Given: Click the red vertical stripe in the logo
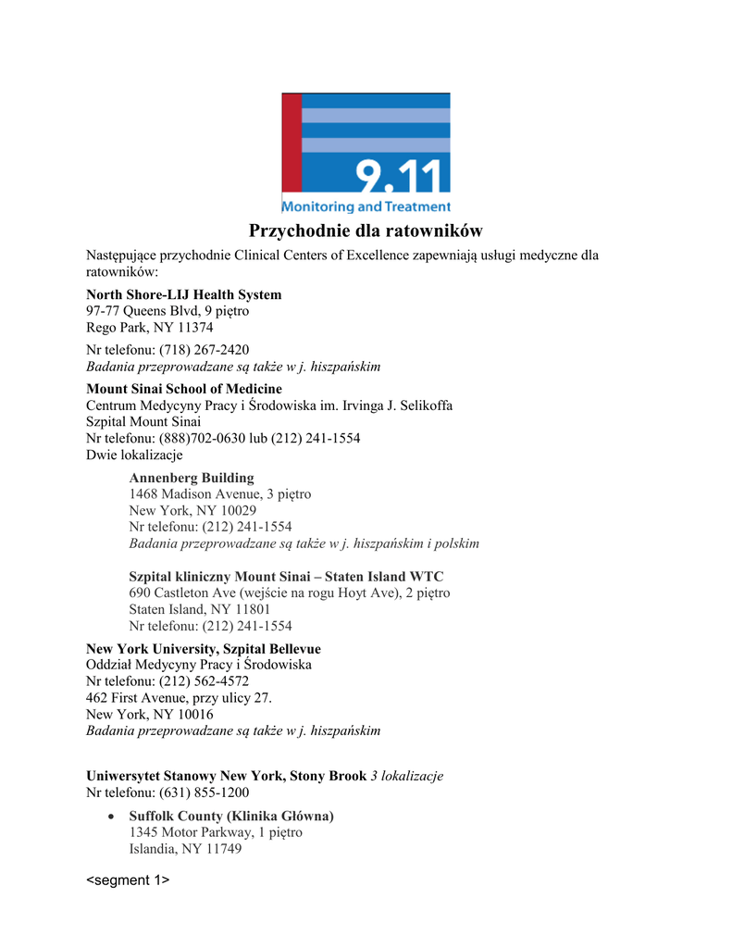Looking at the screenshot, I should point(292,143).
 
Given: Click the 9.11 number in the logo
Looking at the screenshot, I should point(402,175).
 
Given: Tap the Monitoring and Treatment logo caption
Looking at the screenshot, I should point(366,206).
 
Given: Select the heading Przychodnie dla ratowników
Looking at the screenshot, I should point(366,231).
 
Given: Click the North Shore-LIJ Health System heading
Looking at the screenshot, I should point(183,294).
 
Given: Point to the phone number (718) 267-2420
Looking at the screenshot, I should point(204,350).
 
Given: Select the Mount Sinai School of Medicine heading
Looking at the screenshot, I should point(183,389).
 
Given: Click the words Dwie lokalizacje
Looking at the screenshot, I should point(134,455).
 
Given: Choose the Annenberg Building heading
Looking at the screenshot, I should point(191,478).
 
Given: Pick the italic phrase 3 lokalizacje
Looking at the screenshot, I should point(406,776).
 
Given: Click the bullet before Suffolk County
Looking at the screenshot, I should point(111,817).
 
